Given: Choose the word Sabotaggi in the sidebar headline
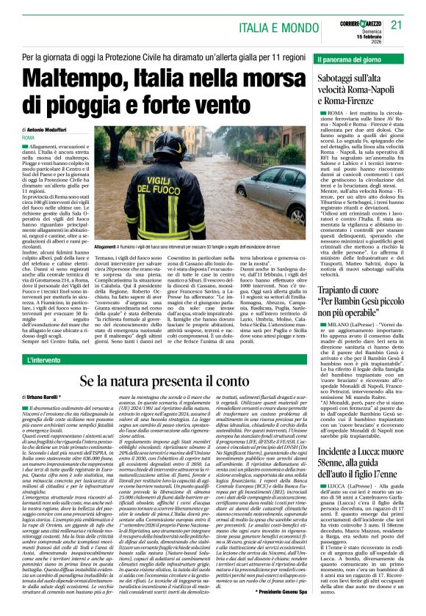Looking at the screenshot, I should pos(341,76).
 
